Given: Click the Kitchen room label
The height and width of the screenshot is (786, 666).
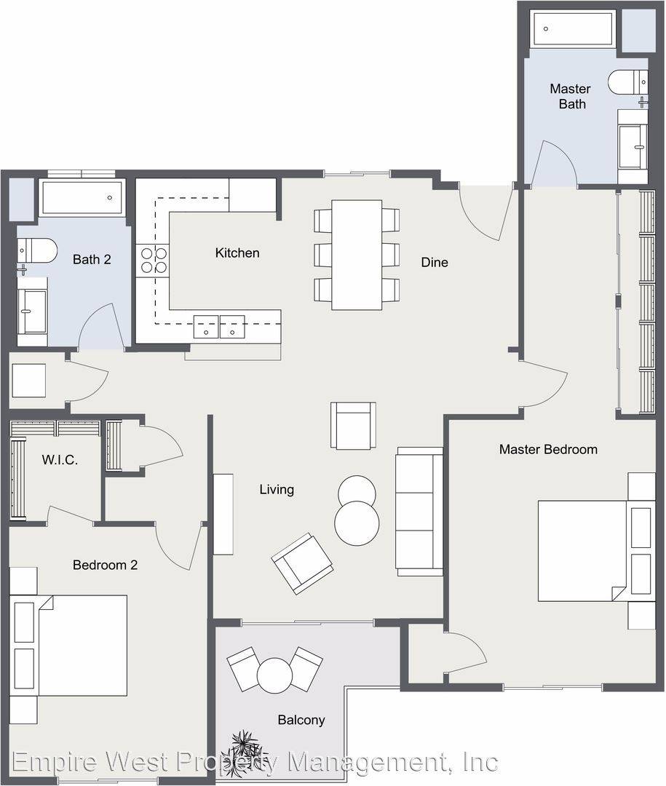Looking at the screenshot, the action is pyautogui.click(x=237, y=253).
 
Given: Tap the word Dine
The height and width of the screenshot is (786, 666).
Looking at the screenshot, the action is pyautogui.click(x=435, y=262).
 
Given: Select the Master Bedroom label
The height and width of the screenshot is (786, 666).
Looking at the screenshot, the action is pyautogui.click(x=548, y=449).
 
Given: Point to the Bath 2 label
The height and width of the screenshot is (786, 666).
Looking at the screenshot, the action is pyautogui.click(x=92, y=259).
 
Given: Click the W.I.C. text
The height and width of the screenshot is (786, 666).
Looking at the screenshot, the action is pyautogui.click(x=60, y=460).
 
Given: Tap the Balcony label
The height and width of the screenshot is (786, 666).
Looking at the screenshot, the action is pyautogui.click(x=301, y=720).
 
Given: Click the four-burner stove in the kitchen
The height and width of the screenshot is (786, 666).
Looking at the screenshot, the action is pyautogui.click(x=154, y=260).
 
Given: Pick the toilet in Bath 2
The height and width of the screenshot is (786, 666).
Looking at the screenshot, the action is pyautogui.click(x=37, y=250).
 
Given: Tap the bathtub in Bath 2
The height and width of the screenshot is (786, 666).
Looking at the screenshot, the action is pyautogui.click(x=82, y=197).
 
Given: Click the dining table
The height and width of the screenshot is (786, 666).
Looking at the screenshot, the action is pyautogui.click(x=357, y=255).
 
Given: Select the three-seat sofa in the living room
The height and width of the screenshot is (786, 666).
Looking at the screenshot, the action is pyautogui.click(x=419, y=512).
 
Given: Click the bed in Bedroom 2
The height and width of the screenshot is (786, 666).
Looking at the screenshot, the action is pyautogui.click(x=68, y=645).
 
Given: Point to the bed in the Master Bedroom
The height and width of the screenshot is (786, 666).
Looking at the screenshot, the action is pyautogui.click(x=596, y=550).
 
